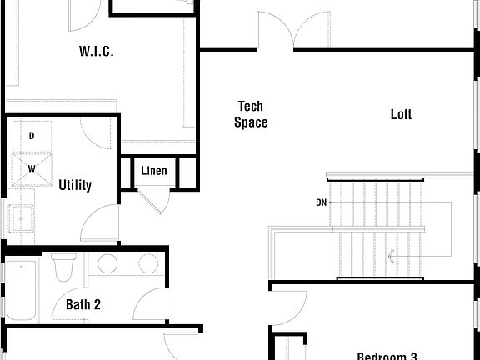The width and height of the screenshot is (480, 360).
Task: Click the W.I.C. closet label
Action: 97,52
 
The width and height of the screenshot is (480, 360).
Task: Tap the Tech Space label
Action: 251,114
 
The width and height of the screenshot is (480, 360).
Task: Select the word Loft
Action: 401,114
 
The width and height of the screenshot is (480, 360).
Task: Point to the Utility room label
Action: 75,185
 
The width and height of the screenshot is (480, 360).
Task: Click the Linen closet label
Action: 154,172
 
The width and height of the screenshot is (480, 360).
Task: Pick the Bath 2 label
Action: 83,305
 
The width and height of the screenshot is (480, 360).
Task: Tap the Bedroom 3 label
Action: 387,356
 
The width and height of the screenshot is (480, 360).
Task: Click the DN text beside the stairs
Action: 322,202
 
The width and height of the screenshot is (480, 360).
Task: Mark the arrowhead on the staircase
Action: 391,257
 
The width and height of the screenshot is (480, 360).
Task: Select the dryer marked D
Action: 32,135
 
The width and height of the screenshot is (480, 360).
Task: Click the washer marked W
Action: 32,167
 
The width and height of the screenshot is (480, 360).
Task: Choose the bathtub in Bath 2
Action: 20,291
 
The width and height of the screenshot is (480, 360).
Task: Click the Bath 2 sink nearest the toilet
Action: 107,265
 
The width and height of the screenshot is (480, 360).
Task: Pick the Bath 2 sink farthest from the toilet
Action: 147,265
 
